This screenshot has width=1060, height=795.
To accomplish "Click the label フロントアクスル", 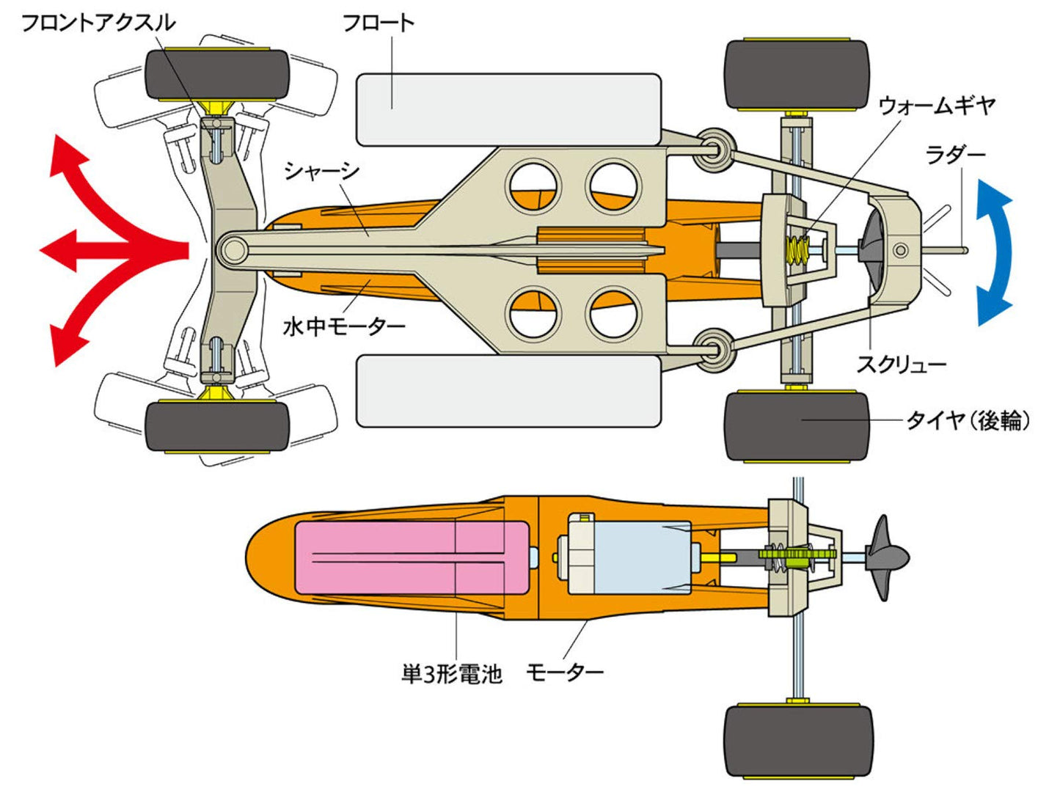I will (x=98, y=23).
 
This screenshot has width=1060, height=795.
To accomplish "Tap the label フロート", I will (x=379, y=23).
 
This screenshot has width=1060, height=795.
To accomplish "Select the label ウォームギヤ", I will (x=937, y=106).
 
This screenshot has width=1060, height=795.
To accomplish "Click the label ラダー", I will (x=955, y=155).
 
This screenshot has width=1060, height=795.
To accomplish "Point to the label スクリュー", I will (x=902, y=364).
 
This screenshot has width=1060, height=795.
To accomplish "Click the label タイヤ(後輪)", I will (x=968, y=420).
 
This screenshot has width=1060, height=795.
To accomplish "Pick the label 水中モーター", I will (x=344, y=326).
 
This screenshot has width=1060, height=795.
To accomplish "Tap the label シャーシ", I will (x=321, y=172).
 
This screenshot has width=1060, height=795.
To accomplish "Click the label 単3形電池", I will (x=451, y=673).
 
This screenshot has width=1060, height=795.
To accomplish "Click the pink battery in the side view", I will (x=411, y=557).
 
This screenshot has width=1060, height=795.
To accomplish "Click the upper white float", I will (x=508, y=109).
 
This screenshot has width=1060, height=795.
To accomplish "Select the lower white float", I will (x=508, y=391).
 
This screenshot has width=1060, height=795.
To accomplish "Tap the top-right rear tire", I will (x=797, y=74).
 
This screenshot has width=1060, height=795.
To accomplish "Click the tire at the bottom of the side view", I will (x=798, y=741).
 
